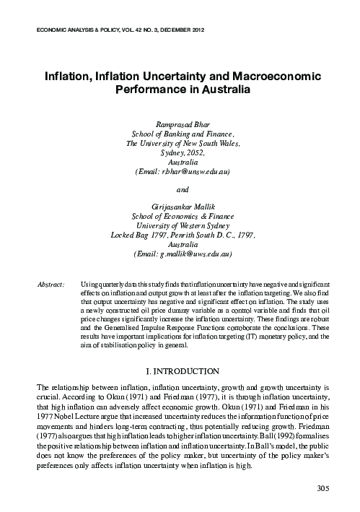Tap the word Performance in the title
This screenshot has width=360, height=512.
pyautogui.click(x=150, y=91)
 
